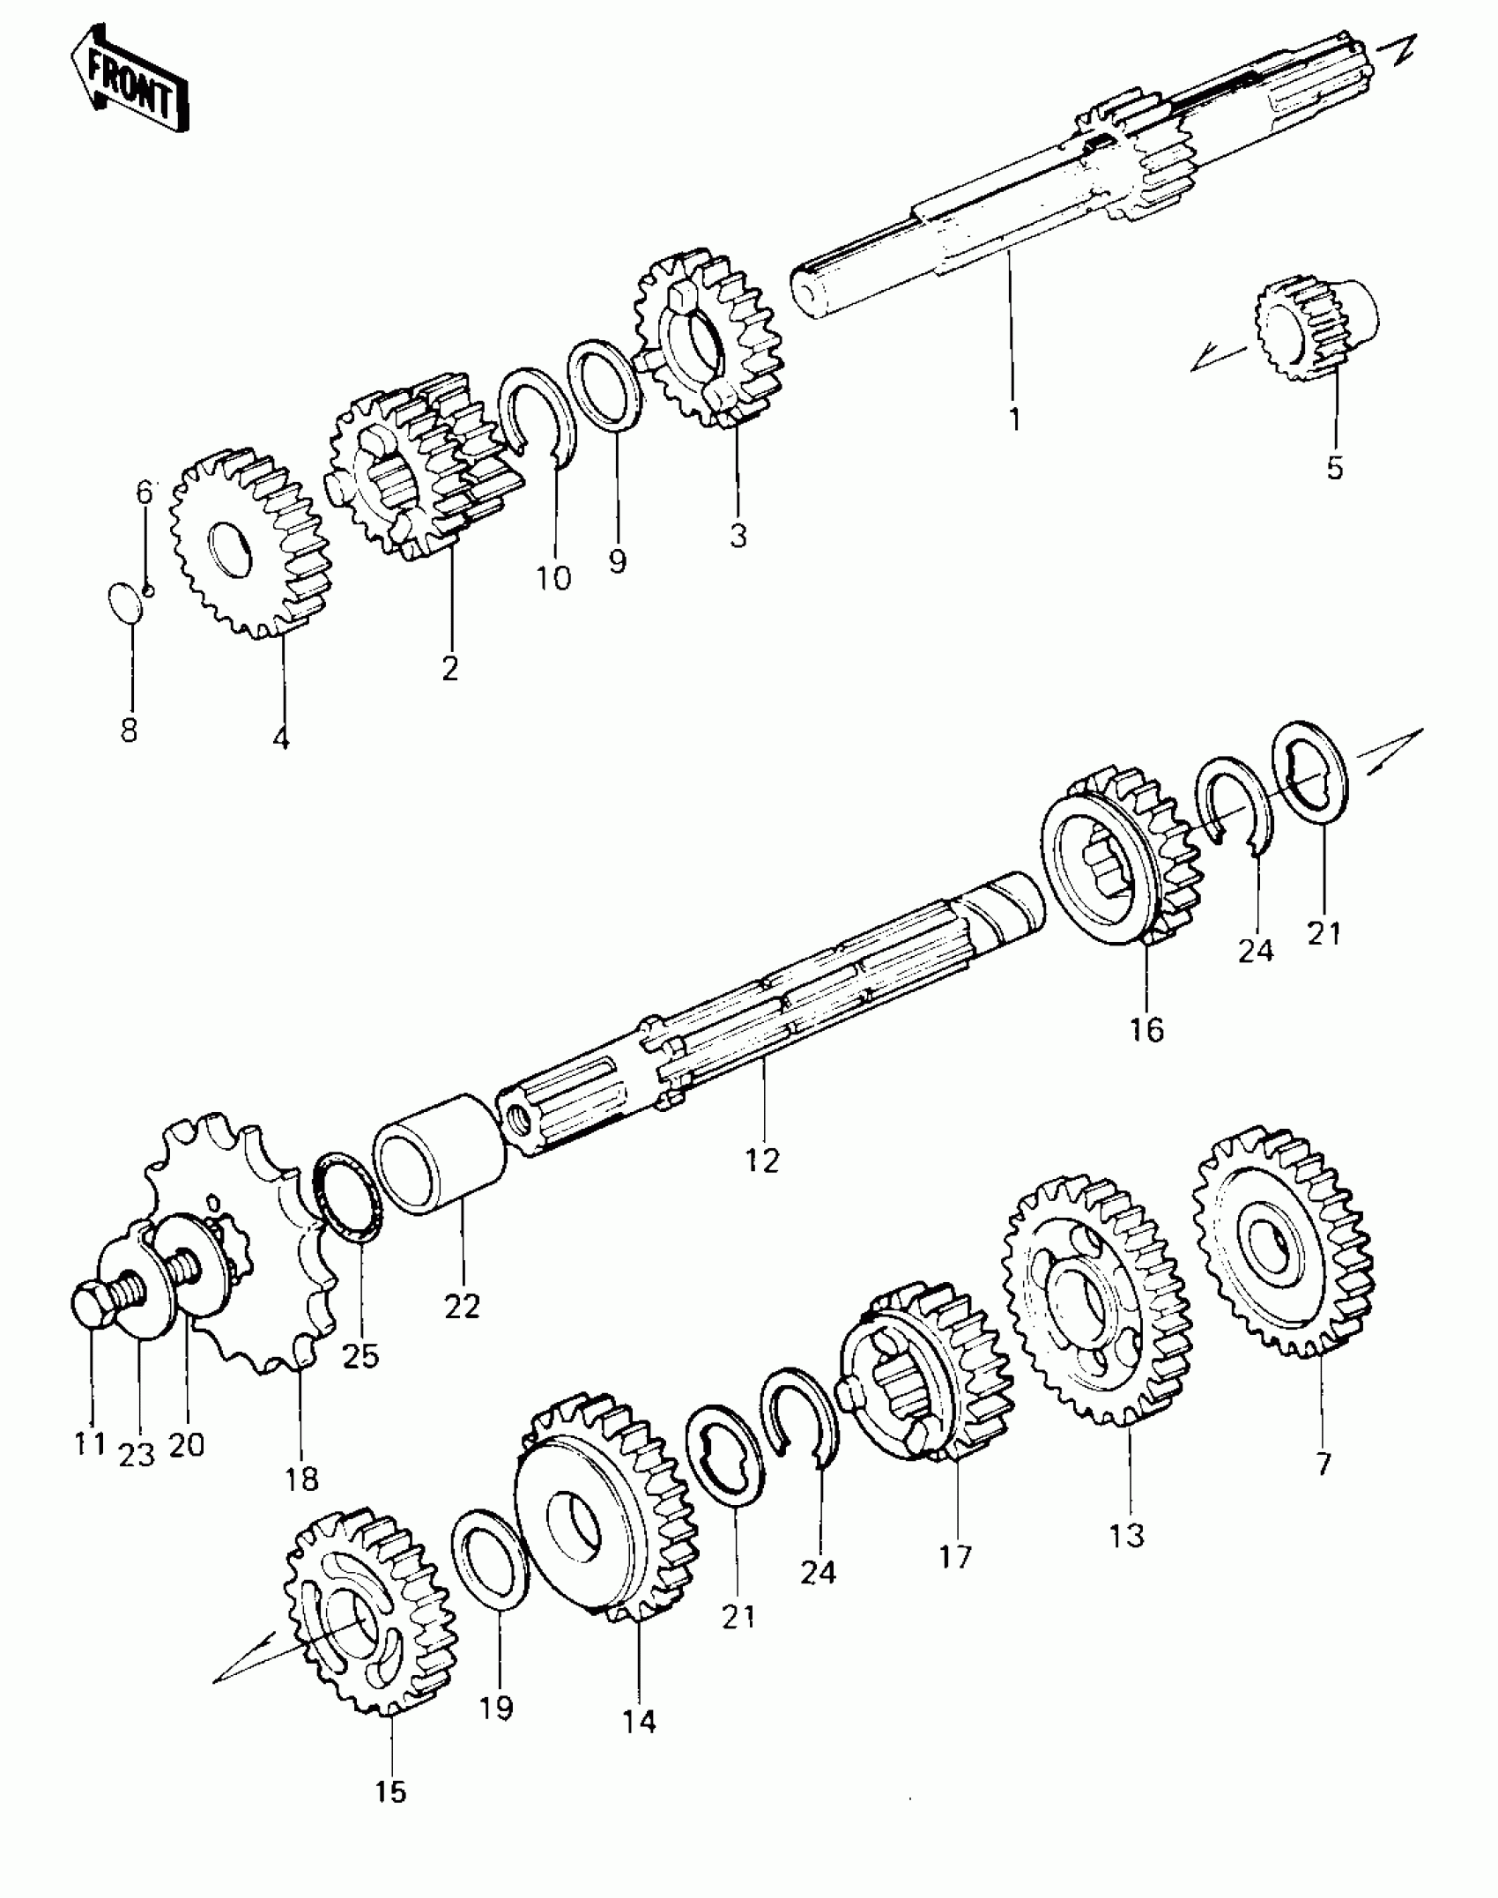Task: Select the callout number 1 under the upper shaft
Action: [x=1014, y=419]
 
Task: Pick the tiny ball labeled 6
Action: [x=148, y=589]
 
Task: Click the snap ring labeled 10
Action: [x=537, y=414]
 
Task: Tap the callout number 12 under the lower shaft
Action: [x=762, y=1161]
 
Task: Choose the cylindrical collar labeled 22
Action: [x=441, y=1154]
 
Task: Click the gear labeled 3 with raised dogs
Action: [x=709, y=339]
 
